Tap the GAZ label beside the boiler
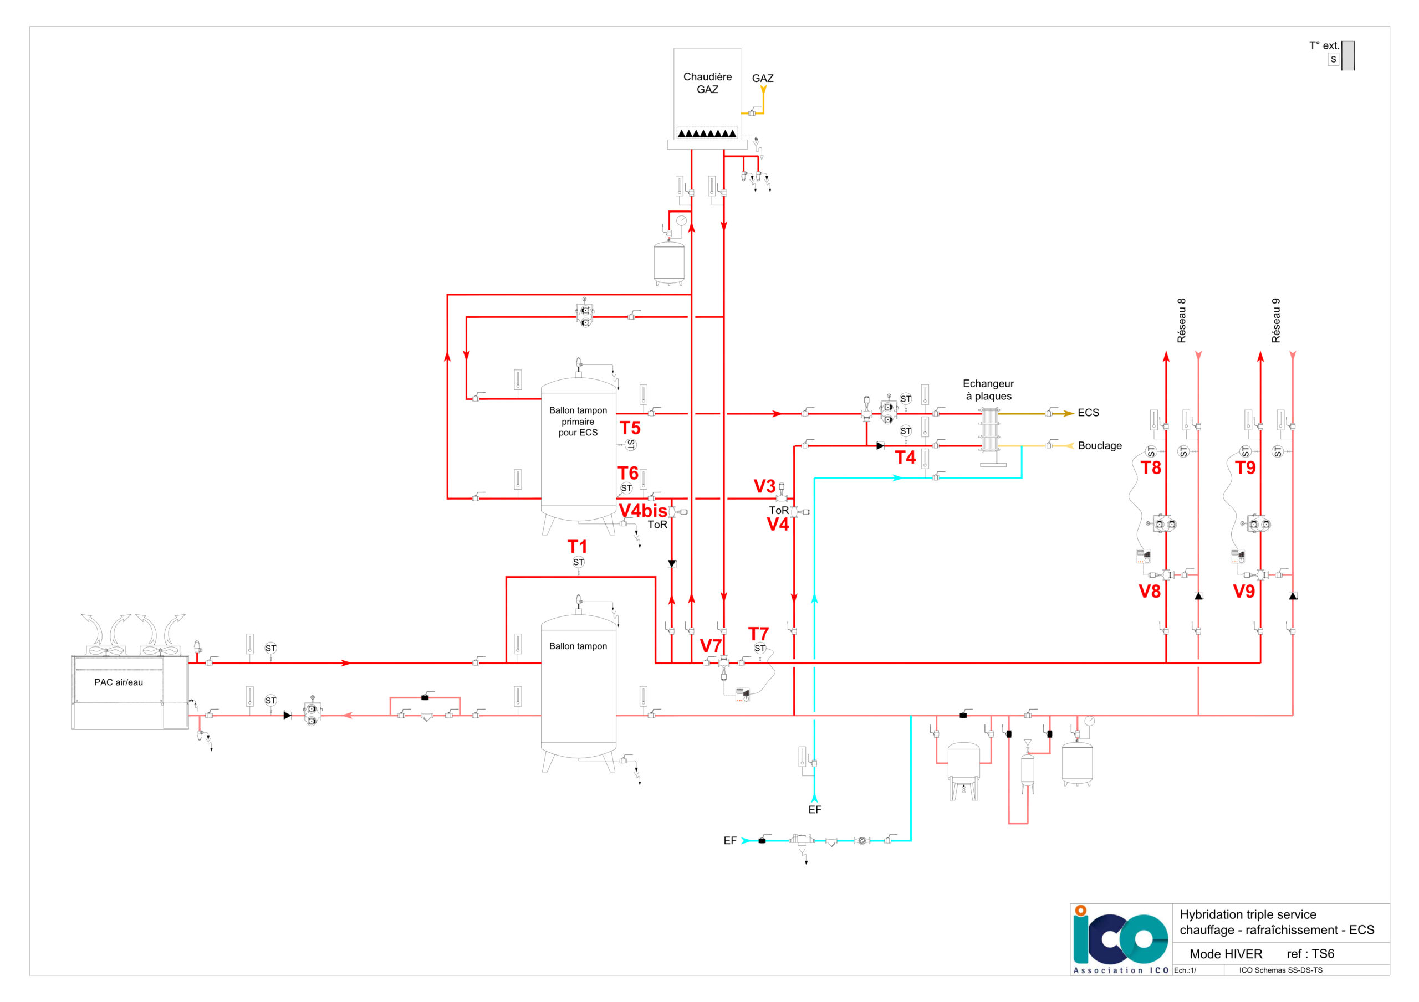tap(763, 79)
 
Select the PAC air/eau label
tap(119, 682)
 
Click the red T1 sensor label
tap(577, 547)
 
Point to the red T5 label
tap(630, 428)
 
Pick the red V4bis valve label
tap(644, 511)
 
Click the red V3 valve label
tap(764, 486)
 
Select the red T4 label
tap(905, 457)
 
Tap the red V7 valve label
tap(711, 645)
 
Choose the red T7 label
tap(758, 633)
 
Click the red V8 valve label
tap(1150, 591)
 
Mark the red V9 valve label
tap(1244, 591)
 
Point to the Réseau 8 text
tap(1182, 321)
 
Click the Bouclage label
tap(1100, 445)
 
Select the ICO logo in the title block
tap(1120, 939)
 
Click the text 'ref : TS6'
tap(1310, 953)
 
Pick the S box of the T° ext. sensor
tap(1333, 59)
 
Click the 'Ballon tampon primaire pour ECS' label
tap(578, 422)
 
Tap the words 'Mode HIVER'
tap(1226, 954)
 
